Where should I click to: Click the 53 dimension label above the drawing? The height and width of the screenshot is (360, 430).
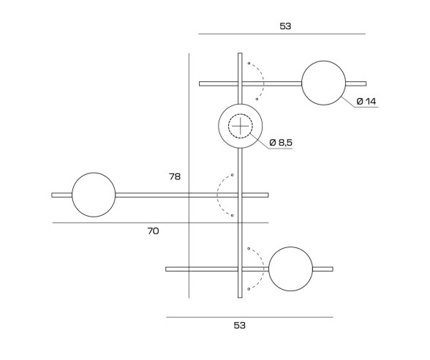point(285,26)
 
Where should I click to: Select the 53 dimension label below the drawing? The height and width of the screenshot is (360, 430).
point(240,326)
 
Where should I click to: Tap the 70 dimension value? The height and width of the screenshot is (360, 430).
point(153,231)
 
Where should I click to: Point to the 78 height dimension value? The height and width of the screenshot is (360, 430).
point(174,176)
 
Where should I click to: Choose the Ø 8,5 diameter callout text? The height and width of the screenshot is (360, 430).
point(281,142)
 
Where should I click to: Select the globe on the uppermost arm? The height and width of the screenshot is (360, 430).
point(323,83)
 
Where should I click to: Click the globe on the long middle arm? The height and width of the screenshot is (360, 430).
point(94,195)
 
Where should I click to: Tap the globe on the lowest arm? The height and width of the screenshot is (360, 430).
point(290,269)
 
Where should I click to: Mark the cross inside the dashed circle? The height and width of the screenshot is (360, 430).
point(240,127)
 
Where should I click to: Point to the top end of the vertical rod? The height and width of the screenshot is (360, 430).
point(240,54)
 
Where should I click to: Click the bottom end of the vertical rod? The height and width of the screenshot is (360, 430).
point(240,296)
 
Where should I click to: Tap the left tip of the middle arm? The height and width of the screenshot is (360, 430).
point(53,195)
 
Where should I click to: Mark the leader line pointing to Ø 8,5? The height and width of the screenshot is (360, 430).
point(260,143)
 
